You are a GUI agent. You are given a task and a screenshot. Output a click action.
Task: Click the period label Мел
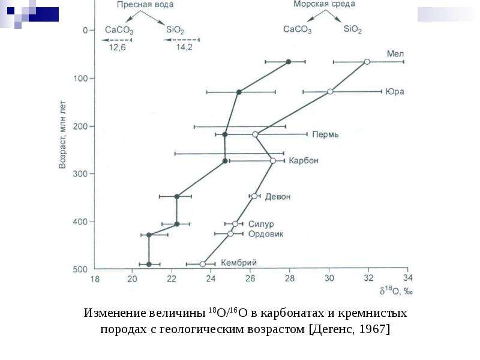point(395,53)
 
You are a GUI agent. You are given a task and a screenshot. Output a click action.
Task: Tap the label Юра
point(395,92)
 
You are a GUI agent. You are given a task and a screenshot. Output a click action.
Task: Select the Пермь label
point(325,134)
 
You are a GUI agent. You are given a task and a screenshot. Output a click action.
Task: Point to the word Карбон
point(304,160)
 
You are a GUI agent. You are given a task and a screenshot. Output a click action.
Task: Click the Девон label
point(278,197)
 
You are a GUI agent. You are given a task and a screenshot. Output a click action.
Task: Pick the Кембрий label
point(239,263)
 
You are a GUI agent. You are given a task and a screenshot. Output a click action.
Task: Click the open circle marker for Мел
point(367,62)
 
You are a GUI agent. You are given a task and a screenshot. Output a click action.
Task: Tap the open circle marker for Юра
point(330,92)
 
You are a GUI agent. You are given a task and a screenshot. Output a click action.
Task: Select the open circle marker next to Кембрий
point(202,264)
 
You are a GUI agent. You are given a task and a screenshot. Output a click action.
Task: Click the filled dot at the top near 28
point(289,62)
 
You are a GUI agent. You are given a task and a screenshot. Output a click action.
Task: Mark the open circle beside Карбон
point(273,161)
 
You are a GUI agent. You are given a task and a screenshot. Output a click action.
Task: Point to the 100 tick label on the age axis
point(80,79)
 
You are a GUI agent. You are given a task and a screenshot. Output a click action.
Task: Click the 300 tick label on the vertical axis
point(80,174)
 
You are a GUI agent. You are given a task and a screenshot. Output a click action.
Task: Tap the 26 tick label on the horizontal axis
point(250,278)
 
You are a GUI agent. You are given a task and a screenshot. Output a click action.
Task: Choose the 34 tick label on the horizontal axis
point(408,278)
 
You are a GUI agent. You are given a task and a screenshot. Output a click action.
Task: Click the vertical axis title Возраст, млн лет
point(62,134)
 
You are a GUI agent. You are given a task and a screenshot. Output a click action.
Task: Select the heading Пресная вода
point(145,5)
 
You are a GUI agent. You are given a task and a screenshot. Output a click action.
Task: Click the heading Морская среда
point(324,4)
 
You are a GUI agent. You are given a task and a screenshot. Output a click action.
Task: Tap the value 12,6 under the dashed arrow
point(117,47)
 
